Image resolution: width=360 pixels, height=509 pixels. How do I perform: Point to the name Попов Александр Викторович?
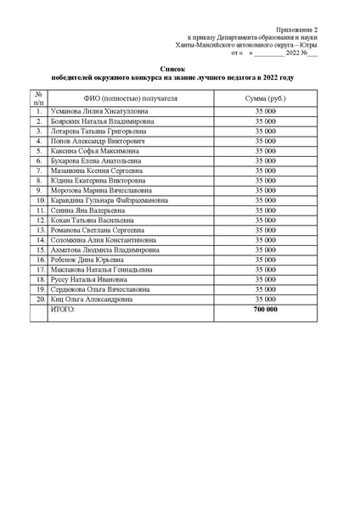point(93,141)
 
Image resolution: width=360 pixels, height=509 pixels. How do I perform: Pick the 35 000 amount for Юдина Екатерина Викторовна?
point(265,180)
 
